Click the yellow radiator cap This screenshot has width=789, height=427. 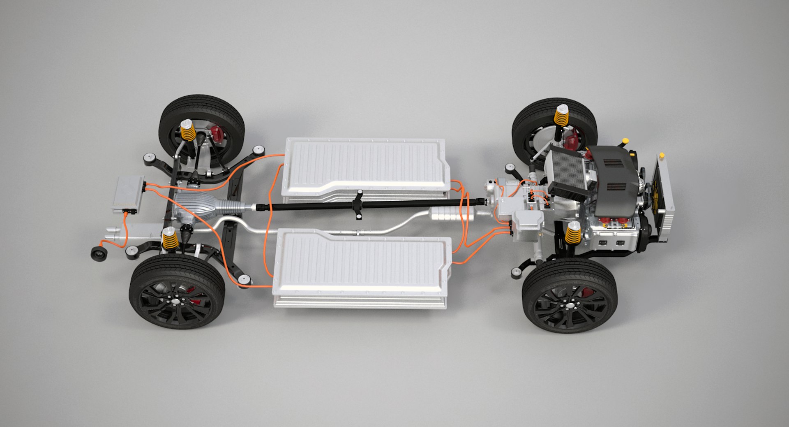(662, 155)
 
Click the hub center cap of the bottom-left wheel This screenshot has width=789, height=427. (177, 302)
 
